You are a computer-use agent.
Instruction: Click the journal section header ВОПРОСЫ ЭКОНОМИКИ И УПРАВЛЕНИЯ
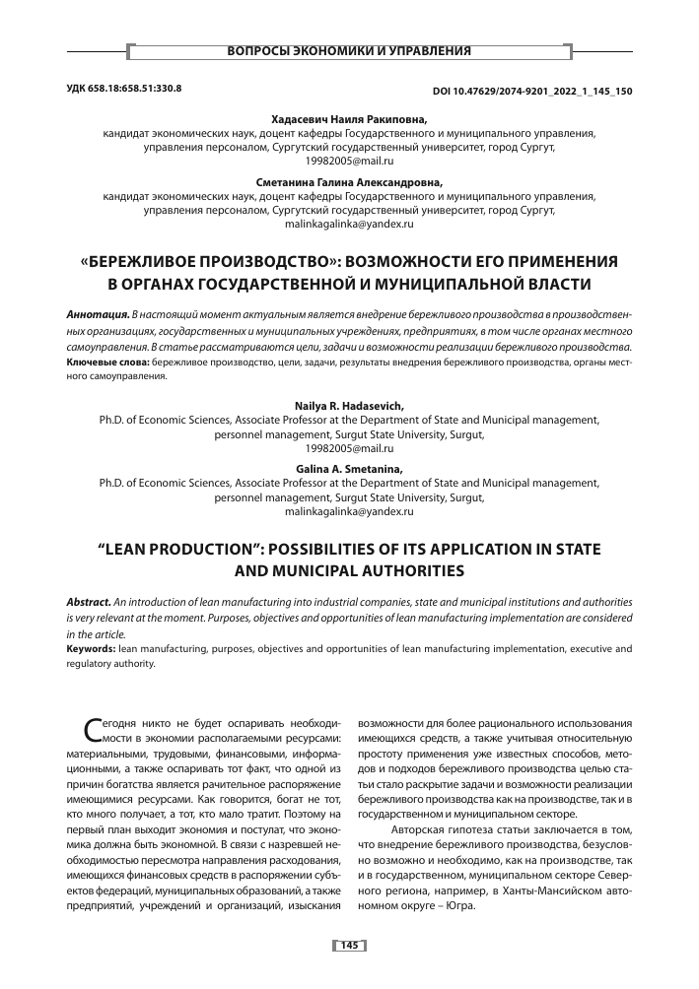(349, 50)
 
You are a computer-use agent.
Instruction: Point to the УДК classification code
(124, 90)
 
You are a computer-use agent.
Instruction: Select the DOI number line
(532, 91)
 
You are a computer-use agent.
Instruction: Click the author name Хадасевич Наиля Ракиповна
(349, 118)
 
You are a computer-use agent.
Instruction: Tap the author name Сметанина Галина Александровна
(349, 182)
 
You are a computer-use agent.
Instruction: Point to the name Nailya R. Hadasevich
(349, 406)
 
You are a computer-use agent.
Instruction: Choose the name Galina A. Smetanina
(349, 470)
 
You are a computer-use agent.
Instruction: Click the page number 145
(349, 945)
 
